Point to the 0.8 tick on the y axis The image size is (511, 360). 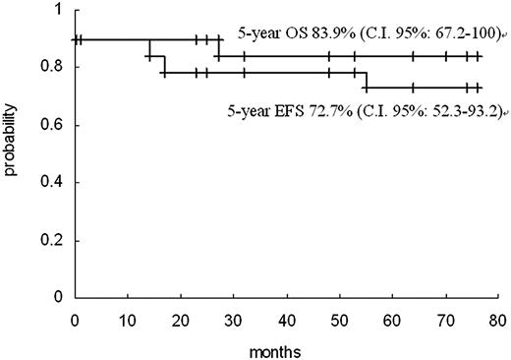[x=58, y=67]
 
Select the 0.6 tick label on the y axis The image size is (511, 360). [x=58, y=125]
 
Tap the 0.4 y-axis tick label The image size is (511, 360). [x=58, y=183]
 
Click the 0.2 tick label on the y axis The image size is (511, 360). [x=58, y=240]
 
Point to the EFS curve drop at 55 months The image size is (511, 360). [x=367, y=81]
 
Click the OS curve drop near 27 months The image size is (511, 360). [x=217, y=48]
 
